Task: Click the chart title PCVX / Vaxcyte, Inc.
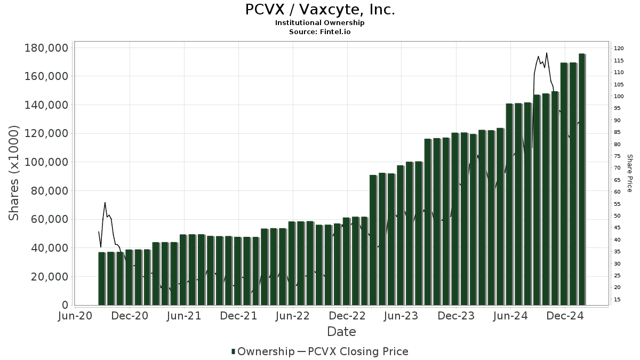click(x=320, y=10)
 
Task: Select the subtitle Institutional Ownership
click(x=320, y=23)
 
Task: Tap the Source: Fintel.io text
click(x=320, y=32)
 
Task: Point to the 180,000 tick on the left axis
click(x=46, y=48)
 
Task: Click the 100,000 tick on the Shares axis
click(x=46, y=162)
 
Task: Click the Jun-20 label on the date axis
click(x=75, y=316)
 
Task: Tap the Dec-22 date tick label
click(x=347, y=316)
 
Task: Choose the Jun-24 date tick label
click(x=510, y=316)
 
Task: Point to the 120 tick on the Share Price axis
click(x=619, y=49)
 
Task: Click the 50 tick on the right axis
click(x=618, y=216)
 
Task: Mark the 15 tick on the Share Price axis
click(x=618, y=300)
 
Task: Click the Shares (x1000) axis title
click(x=14, y=173)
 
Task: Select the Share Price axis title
click(x=630, y=173)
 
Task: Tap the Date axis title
click(x=341, y=332)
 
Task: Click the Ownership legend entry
click(x=262, y=351)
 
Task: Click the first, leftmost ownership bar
click(x=101, y=278)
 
